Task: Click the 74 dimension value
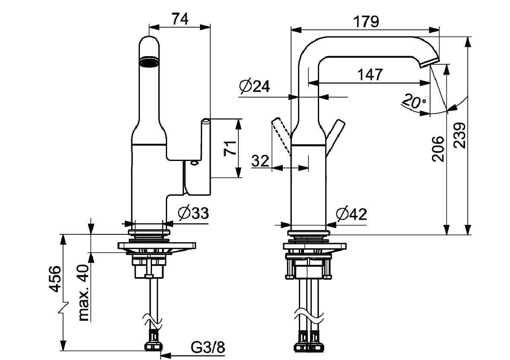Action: point(180,19)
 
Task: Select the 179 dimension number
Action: point(366,22)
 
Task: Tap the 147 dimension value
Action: point(370,75)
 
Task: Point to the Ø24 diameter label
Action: point(254,86)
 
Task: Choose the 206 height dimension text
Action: point(438,148)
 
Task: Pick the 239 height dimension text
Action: point(459,135)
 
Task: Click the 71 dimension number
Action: point(230,148)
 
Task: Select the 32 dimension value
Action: point(260,161)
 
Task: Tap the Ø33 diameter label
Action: point(193,213)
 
